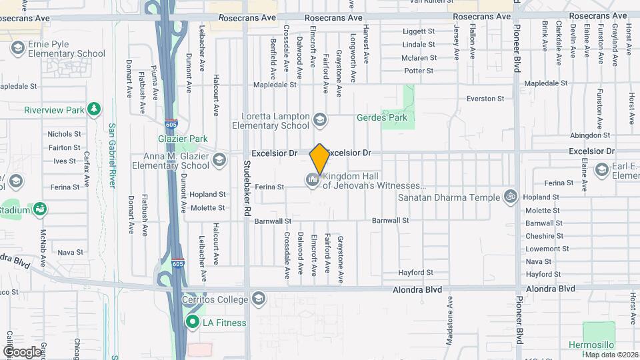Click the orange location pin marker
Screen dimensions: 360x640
[319, 160]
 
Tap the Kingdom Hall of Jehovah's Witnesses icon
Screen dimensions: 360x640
[312, 180]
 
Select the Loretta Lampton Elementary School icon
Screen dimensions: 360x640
[320, 120]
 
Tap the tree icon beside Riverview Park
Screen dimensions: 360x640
[95, 109]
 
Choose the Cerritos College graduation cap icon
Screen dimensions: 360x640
[259, 299]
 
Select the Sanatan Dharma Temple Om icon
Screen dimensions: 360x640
[511, 197]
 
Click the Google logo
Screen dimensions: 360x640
[22, 351]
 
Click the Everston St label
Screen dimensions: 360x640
[485, 99]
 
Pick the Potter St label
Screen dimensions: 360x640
[419, 71]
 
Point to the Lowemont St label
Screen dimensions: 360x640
[543, 249]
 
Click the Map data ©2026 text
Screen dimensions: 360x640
[611, 354]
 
